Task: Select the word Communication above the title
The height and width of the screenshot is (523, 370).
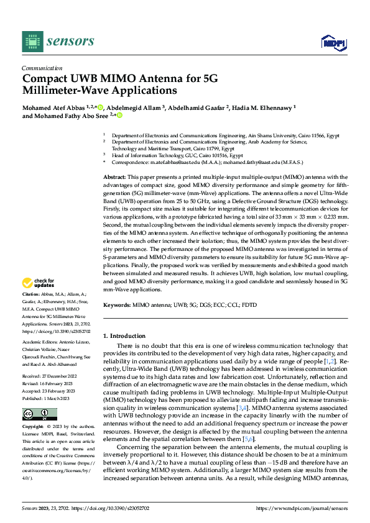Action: [x=42, y=68]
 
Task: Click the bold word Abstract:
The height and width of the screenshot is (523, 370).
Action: [x=115, y=178]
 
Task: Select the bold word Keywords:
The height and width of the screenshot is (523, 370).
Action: [x=117, y=305]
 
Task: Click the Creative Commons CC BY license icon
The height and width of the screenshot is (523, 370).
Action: [x=39, y=414]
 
